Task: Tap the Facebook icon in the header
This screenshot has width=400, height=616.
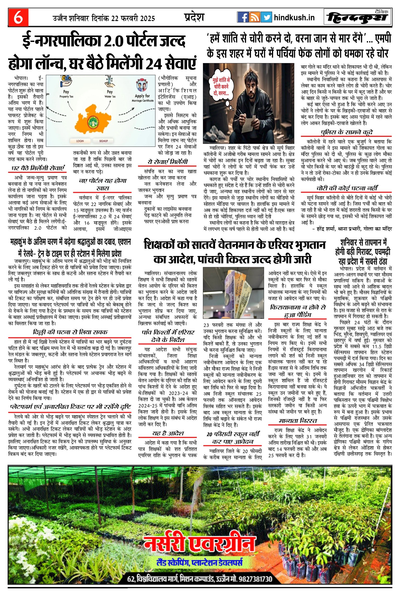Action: tap(243, 17)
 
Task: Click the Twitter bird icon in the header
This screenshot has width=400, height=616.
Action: tap(266, 17)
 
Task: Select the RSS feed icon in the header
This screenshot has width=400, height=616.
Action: tap(254, 17)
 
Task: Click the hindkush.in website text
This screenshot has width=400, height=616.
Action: tap(294, 18)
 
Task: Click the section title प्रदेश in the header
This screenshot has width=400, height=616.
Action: tap(194, 17)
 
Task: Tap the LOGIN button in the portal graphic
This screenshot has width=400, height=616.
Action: tap(80, 141)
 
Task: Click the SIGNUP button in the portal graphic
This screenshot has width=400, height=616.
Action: tap(103, 141)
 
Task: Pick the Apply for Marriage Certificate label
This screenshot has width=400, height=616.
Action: tap(142, 98)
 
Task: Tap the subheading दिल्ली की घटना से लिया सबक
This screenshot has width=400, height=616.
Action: tap(70, 332)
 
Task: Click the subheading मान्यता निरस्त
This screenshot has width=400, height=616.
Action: tap(298, 421)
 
